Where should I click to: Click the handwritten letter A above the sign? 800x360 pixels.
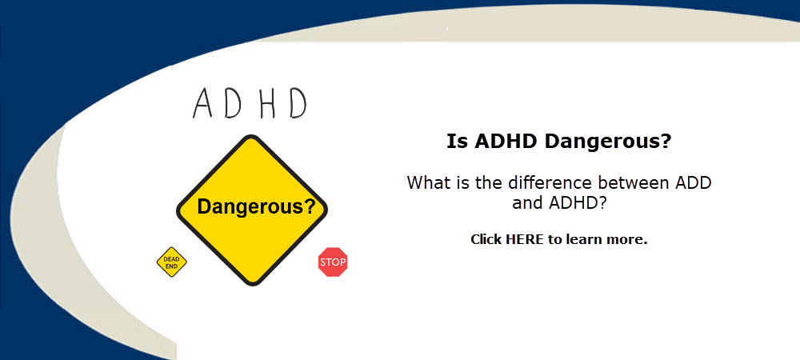(x=202, y=103)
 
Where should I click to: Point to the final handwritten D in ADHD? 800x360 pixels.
(x=298, y=103)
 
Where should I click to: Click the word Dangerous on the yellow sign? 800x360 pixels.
(x=250, y=207)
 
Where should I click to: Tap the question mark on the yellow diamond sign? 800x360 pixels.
(x=309, y=206)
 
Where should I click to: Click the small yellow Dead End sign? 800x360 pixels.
(x=171, y=262)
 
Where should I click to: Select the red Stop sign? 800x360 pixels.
(x=333, y=262)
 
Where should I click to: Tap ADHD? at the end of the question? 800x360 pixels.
(x=578, y=203)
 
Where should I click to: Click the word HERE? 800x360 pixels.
(x=525, y=239)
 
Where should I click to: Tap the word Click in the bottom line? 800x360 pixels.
(x=486, y=239)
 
